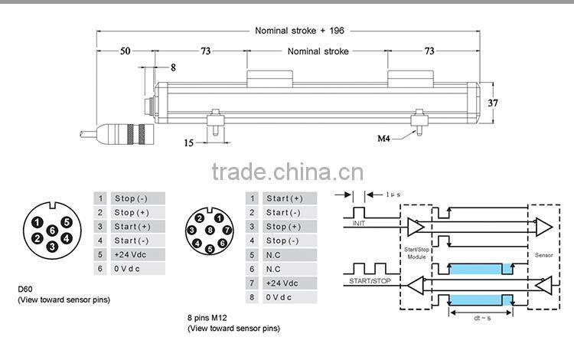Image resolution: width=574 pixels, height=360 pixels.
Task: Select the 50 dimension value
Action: point(125,51)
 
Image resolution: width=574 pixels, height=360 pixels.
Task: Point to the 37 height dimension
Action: point(494,103)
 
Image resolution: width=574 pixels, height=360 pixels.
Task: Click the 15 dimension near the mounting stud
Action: point(189,142)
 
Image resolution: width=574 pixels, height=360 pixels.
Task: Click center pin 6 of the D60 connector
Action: point(51,230)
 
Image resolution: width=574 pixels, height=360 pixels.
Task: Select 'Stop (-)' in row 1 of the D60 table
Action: point(131,198)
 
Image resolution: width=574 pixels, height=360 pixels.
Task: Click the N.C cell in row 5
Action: point(274,254)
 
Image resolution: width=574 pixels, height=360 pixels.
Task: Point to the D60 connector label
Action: point(26,289)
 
